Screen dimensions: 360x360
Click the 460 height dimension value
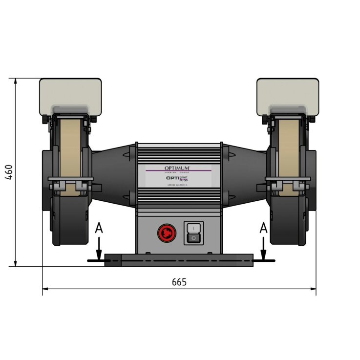pyautogui.click(x=8, y=172)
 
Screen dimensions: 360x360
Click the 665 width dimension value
pyautogui.click(x=179, y=282)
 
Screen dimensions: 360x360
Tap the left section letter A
pyautogui.click(x=99, y=228)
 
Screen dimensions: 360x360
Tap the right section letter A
pyautogui.click(x=264, y=228)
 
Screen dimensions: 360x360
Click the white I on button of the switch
pyautogui.click(x=193, y=228)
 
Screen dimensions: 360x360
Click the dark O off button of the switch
pyautogui.click(x=193, y=238)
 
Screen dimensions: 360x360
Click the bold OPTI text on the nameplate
pyautogui.click(x=173, y=179)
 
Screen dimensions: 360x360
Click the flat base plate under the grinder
pyautogui.click(x=179, y=260)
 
